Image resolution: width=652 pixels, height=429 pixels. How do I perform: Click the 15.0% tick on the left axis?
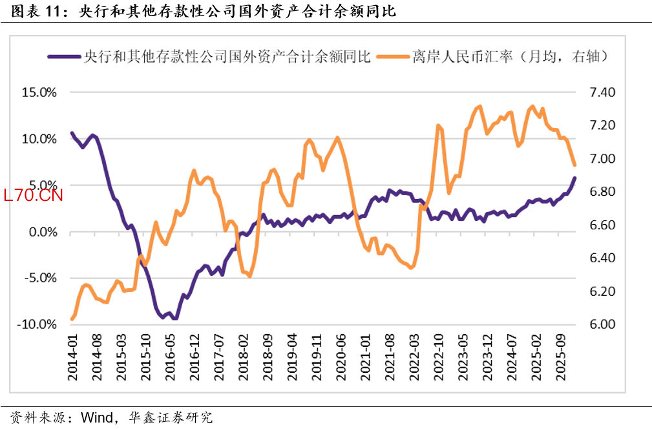(39, 92)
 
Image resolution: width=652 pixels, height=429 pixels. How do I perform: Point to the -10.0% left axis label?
(37, 324)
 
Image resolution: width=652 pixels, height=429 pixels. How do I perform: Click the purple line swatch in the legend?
(63, 57)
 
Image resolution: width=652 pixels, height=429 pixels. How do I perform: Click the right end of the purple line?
(574, 178)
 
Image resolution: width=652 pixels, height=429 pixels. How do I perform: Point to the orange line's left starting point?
(72, 319)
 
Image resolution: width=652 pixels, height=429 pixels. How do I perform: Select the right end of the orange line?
(574, 166)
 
